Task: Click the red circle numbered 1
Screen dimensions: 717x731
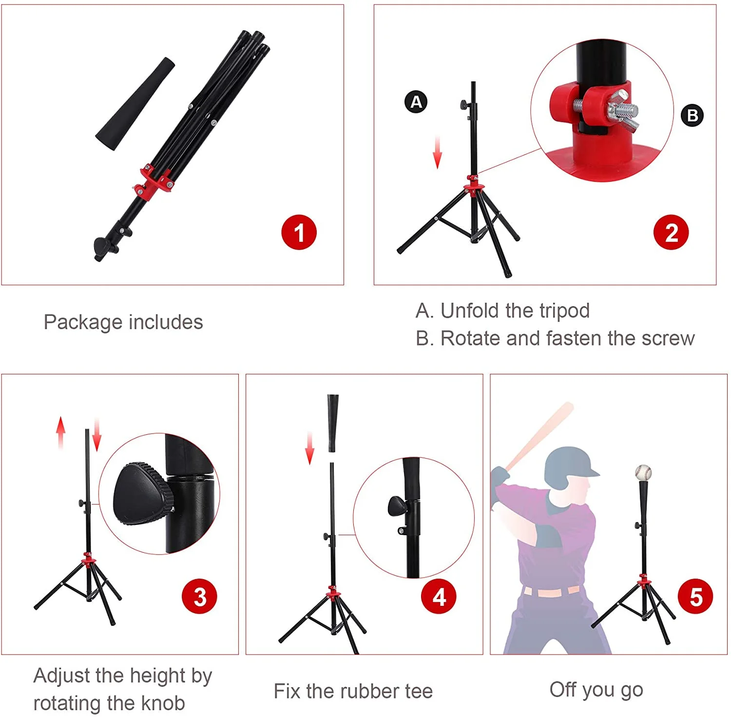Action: click(299, 233)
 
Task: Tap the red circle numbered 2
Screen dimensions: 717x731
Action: click(671, 233)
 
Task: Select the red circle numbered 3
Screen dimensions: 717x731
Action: click(199, 596)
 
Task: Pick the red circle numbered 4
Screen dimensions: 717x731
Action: click(439, 596)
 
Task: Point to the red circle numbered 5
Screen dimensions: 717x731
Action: click(695, 596)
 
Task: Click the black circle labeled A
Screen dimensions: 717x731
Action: click(416, 102)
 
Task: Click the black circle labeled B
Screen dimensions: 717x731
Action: click(692, 116)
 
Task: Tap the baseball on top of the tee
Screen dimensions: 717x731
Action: click(643, 472)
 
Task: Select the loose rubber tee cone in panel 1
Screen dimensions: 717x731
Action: click(135, 104)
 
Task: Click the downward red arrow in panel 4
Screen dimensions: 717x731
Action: click(309, 447)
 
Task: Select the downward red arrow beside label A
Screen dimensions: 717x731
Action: click(437, 152)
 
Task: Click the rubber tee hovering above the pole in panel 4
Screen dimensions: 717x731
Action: click(333, 422)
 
